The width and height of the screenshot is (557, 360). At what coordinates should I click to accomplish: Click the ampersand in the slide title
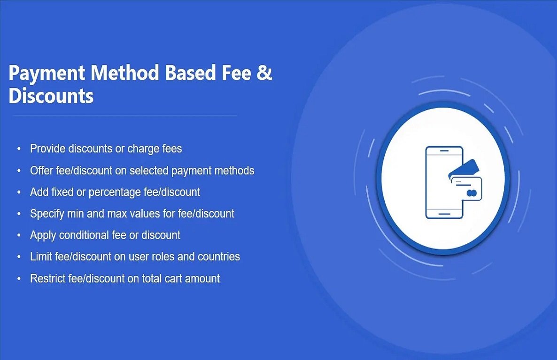265,74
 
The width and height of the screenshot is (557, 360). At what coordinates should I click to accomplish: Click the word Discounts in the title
51,96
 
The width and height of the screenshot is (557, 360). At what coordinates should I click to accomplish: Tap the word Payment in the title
46,74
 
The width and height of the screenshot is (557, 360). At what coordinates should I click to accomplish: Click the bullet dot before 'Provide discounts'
19,149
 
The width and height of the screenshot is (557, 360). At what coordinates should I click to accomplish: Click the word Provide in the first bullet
47,149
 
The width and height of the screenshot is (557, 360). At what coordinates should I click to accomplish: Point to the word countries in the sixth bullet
218,257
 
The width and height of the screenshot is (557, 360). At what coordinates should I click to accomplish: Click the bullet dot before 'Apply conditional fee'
19,235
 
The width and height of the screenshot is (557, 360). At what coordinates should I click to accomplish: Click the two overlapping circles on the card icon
472,193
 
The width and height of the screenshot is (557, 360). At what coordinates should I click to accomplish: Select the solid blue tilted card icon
464,168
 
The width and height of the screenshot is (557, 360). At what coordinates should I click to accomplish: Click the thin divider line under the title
124,116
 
